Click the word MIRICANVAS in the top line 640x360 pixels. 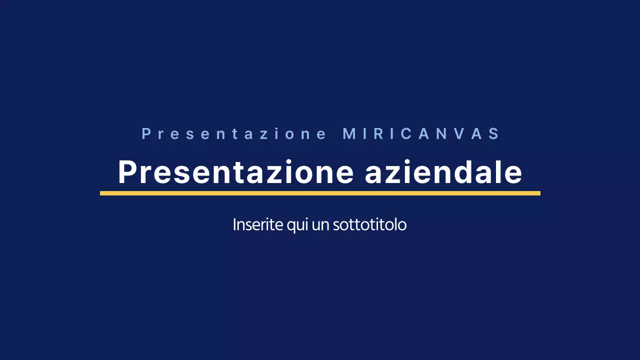tap(421, 134)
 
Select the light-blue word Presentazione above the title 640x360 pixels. tap(234, 134)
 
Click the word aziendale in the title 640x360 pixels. tap(443, 172)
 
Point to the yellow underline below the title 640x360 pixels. tap(320, 193)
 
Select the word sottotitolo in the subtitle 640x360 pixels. tap(369, 224)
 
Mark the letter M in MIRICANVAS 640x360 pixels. tap(349, 134)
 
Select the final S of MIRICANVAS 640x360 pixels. tap(494, 134)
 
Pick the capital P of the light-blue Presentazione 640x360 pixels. tap(146, 134)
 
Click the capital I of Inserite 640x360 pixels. tap(235, 224)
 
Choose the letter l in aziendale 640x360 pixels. tap(501, 172)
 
